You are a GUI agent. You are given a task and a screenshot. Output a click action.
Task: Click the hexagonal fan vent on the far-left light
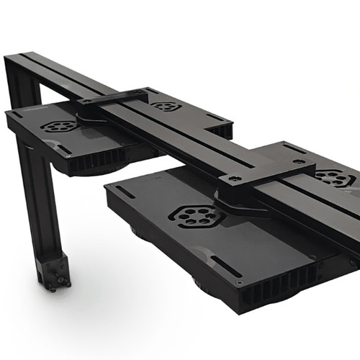[x=58, y=126]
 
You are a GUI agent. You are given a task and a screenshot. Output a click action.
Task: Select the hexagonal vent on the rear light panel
[x=166, y=107]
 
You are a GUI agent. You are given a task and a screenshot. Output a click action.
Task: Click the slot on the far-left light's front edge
[x=61, y=150]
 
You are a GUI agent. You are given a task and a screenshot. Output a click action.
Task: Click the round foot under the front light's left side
[x=137, y=232]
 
